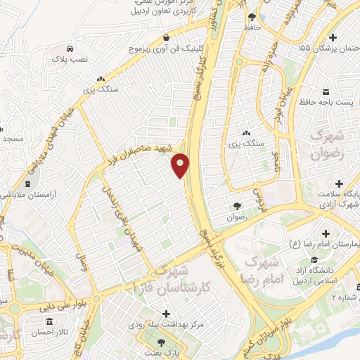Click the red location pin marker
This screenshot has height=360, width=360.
(x=181, y=165)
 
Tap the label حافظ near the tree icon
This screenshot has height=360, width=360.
(x=252, y=27)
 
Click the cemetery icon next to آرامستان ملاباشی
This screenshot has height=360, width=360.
(x=7, y=192)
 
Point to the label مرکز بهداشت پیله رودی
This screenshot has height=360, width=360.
(x=166, y=326)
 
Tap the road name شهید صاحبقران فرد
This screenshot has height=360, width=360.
(x=146, y=149)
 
